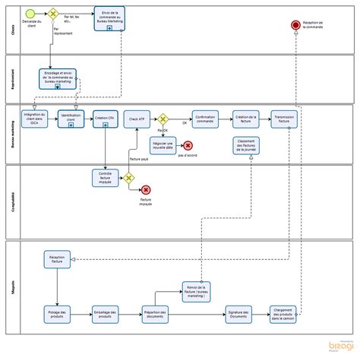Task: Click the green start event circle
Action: point(30,14)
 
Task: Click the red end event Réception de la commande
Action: point(296,27)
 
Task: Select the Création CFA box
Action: point(104,119)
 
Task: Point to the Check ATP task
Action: point(137,119)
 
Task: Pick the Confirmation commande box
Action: point(205,119)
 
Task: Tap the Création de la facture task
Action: point(245,119)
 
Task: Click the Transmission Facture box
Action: point(284,119)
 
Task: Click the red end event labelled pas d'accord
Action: point(188,145)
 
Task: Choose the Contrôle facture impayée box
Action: point(105,178)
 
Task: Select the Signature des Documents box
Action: point(239,314)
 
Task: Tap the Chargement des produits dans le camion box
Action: point(283,315)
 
